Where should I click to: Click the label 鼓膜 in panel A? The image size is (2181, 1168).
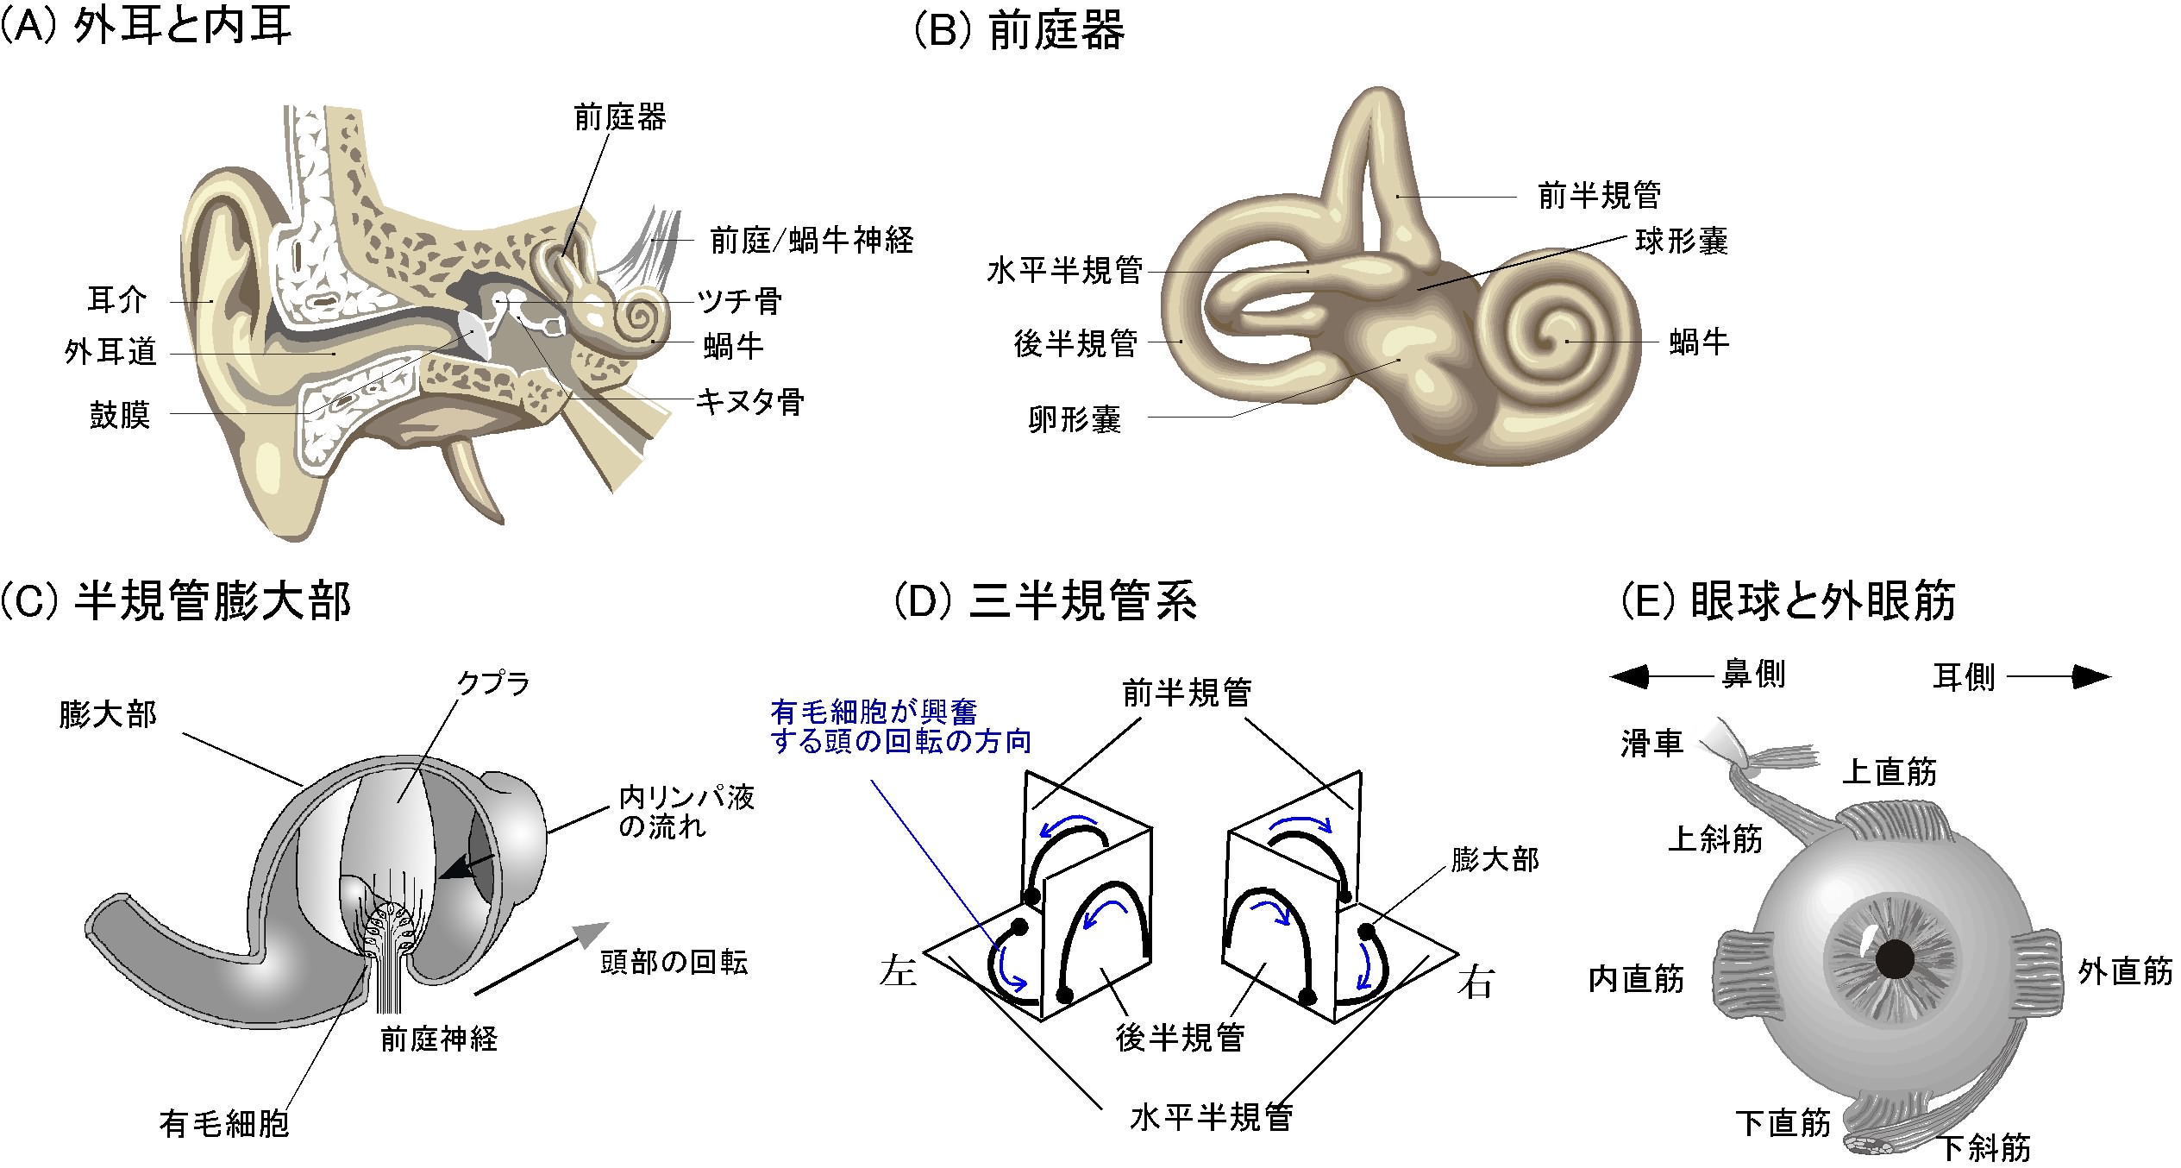pyautogui.click(x=120, y=416)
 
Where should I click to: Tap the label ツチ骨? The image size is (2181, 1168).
pyautogui.click(x=740, y=301)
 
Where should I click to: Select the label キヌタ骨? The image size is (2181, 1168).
pyautogui.click(x=749, y=402)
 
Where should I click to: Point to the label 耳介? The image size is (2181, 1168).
pyautogui.click(x=117, y=300)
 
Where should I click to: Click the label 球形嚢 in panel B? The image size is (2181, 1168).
pyautogui.click(x=1682, y=242)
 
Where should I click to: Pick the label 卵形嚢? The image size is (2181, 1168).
pyautogui.click(x=1075, y=420)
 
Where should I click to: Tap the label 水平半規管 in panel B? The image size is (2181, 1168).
pyautogui.click(x=1064, y=271)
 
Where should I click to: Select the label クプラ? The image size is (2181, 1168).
pyautogui.click(x=493, y=683)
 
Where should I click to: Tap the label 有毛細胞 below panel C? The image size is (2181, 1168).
pyautogui.click(x=223, y=1123)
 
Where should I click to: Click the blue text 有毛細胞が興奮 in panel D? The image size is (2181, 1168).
pyautogui.click(x=874, y=713)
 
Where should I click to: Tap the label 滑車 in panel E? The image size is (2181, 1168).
pyautogui.click(x=1651, y=744)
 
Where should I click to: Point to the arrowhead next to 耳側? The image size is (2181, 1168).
pyautogui.click(x=2092, y=677)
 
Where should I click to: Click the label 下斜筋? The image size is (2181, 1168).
pyautogui.click(x=1984, y=1148)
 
